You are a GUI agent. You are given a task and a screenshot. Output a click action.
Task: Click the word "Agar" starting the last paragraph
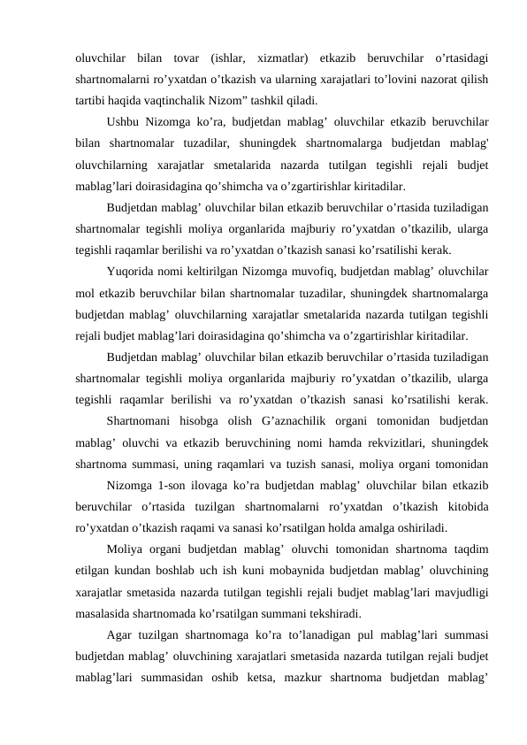point(120,634)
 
